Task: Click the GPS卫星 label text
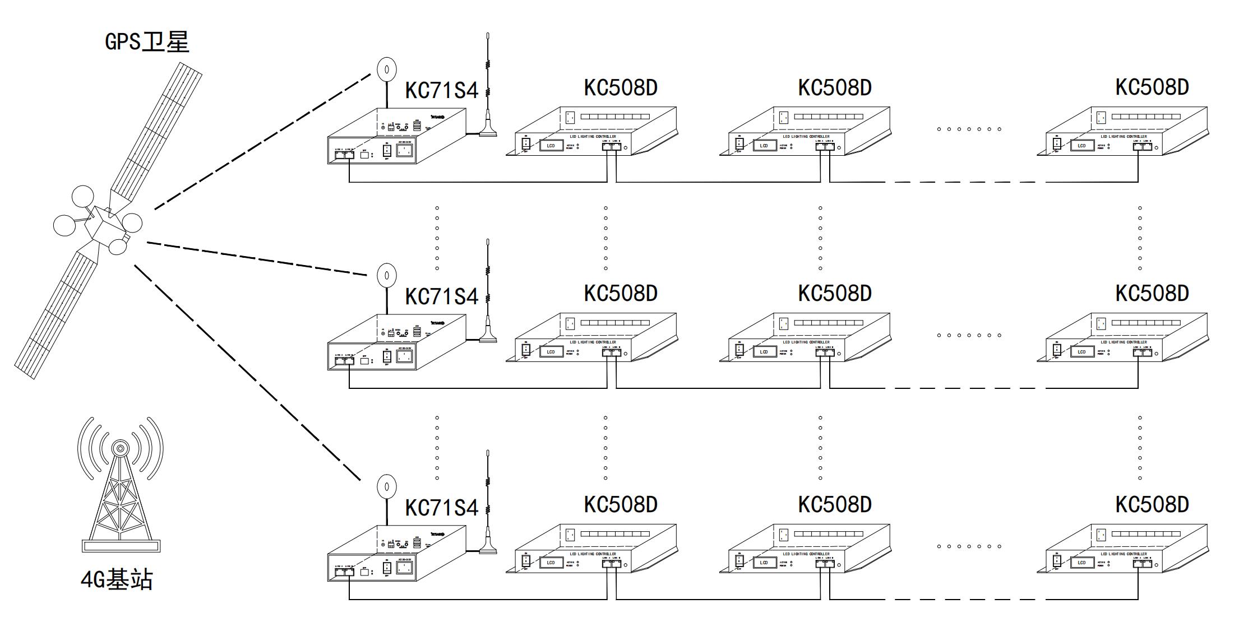(x=147, y=42)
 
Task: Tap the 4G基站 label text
(x=117, y=579)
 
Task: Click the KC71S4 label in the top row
(x=442, y=90)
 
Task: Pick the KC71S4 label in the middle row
(x=442, y=296)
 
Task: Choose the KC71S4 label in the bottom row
(x=442, y=508)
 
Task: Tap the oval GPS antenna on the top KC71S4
(x=386, y=69)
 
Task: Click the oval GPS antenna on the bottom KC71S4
(x=386, y=486)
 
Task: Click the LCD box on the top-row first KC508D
(x=551, y=146)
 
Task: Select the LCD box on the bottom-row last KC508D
(x=1081, y=563)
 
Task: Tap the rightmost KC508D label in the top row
(x=1152, y=87)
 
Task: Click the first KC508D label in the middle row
(x=621, y=293)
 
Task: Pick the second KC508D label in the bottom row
(x=835, y=504)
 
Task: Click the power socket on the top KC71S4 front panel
(x=405, y=151)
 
